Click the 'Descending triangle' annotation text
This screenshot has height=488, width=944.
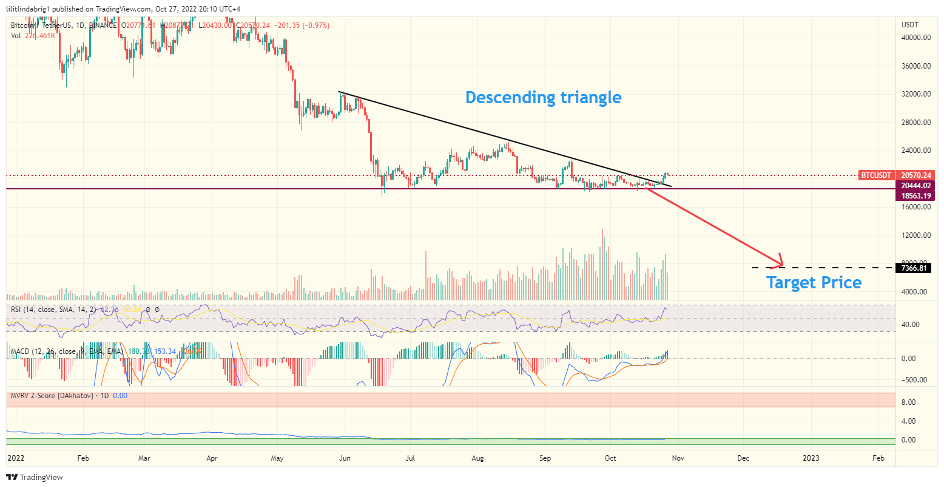click(543, 97)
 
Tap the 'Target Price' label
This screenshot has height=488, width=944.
click(814, 282)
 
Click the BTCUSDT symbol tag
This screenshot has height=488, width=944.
click(877, 175)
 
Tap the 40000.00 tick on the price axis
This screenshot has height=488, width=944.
click(916, 38)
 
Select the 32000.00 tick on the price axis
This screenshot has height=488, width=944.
click(916, 94)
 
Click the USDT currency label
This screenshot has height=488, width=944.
click(910, 25)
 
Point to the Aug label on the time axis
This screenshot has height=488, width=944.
click(477, 458)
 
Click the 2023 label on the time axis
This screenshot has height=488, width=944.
click(811, 458)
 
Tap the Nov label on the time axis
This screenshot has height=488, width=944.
click(678, 458)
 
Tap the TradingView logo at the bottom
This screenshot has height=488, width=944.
click(35, 478)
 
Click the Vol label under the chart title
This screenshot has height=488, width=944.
click(16, 36)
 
